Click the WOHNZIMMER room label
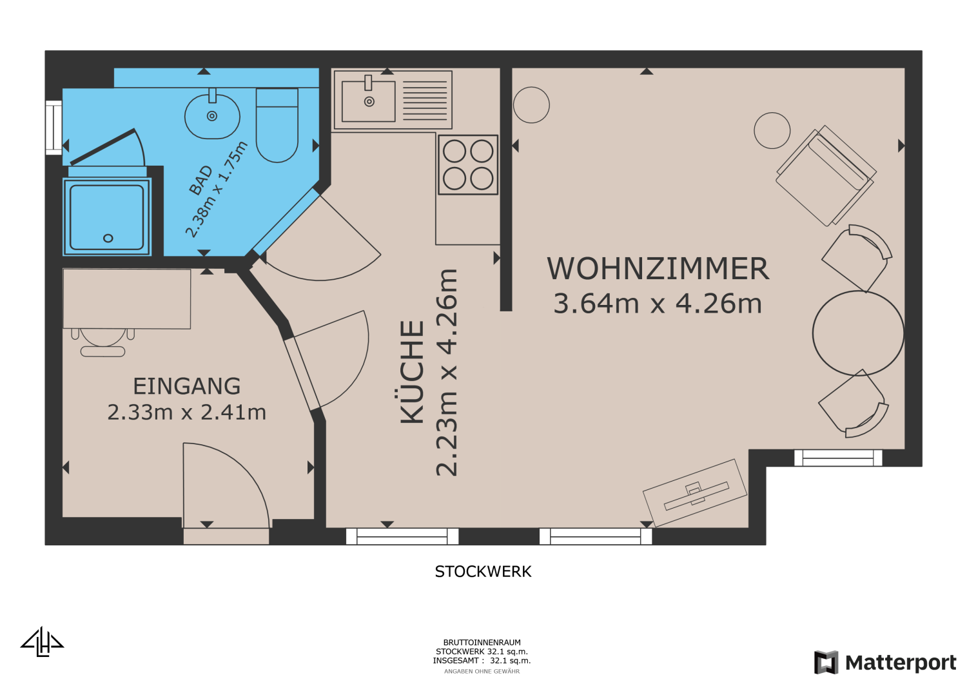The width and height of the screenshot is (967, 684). coord(658,269)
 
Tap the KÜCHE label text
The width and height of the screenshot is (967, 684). coord(413,372)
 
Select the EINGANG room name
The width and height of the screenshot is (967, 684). coord(187,386)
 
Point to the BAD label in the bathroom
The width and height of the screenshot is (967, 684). coord(200,181)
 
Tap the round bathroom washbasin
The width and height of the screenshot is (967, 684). coord(212,116)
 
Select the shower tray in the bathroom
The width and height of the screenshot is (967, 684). coord(107,217)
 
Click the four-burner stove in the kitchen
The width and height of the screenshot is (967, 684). coord(468,164)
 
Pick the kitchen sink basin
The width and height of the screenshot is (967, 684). coord(368,101)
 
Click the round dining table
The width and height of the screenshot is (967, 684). coord(858,333)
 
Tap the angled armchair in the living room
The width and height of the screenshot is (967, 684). coord(826,175)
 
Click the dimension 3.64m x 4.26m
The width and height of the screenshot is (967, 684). coord(658,304)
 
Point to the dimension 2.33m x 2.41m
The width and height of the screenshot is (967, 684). coord(187,412)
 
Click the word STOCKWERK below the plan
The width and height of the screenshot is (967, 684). coord(483,572)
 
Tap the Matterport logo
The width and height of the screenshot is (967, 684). coord(885,663)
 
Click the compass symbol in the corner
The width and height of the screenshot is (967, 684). coord(42,642)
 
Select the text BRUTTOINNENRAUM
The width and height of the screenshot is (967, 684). coord(482,643)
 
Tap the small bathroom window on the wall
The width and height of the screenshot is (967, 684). coord(54,127)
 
